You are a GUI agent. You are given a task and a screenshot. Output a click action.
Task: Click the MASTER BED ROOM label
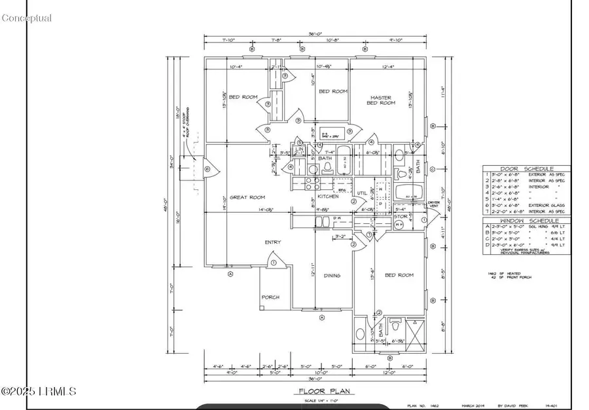[x=380, y=100]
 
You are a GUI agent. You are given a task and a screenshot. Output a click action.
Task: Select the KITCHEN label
[x=328, y=196]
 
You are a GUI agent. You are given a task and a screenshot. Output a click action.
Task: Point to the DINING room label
[x=332, y=276]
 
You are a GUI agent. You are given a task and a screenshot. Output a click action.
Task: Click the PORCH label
[x=271, y=297]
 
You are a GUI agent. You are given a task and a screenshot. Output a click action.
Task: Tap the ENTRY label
[x=273, y=242]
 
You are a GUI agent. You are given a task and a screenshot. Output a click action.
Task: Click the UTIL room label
[x=361, y=193]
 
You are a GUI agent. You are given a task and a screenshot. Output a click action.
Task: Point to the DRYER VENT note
[x=433, y=206]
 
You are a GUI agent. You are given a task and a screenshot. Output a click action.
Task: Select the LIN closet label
[x=300, y=149]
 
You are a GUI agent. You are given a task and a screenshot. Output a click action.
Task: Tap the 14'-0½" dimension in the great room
[x=265, y=210]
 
